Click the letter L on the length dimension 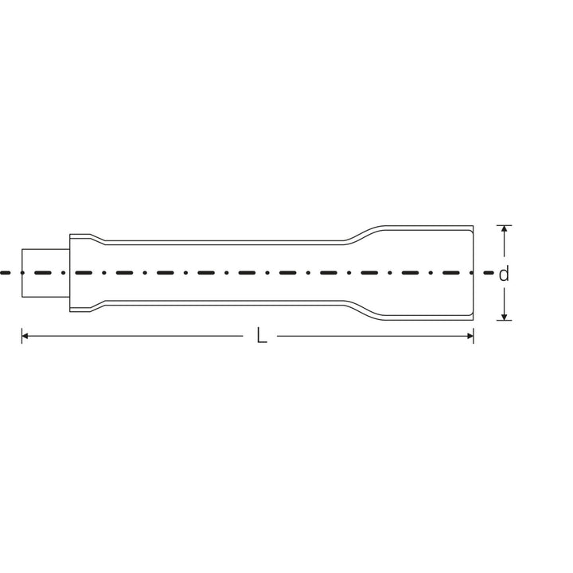click(261, 337)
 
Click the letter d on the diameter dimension click(503, 274)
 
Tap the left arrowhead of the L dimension click(26, 337)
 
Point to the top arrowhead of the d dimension click(503, 230)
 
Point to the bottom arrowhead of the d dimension click(503, 316)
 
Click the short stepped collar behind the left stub click(80, 272)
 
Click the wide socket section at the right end click(426, 272)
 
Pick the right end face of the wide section click(474, 255)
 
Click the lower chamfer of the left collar click(97, 306)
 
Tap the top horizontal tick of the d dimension click(503, 225)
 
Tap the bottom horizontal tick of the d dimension click(503, 321)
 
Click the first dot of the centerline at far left click(3, 272)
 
